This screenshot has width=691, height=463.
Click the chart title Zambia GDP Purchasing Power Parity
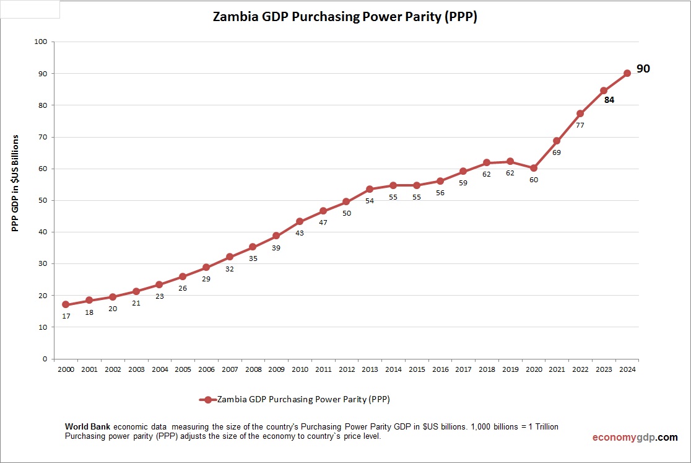[x=345, y=17]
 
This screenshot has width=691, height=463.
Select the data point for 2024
[x=627, y=73]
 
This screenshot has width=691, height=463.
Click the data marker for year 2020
[x=533, y=168]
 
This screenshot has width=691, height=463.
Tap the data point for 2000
[x=66, y=305]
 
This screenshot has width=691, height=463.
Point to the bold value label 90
[x=643, y=69]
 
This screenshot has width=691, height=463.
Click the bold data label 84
[x=609, y=100]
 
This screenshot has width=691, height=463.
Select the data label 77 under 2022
[x=580, y=125]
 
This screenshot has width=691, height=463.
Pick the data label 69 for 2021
[x=557, y=152]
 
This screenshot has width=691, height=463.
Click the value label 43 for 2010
[x=300, y=232]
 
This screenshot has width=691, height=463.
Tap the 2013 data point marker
[x=370, y=189]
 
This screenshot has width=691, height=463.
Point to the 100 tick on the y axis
[x=41, y=42]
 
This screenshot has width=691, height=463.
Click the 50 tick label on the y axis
[x=43, y=200]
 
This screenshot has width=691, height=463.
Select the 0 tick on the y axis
[x=45, y=359]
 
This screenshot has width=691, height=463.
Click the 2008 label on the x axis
[x=253, y=369]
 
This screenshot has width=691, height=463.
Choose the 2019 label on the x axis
[x=510, y=369]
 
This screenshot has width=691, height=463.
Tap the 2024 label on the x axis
[x=627, y=369]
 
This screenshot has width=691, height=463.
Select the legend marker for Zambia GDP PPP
[x=208, y=400]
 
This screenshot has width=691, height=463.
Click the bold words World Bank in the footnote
[x=88, y=427]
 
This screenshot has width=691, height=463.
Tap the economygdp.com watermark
[x=635, y=438]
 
